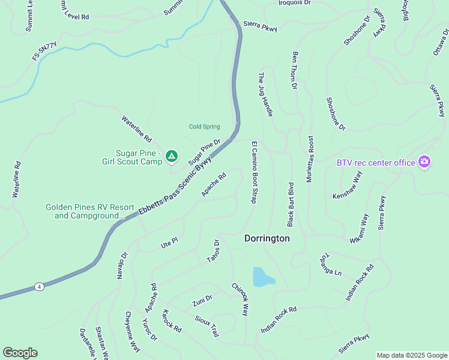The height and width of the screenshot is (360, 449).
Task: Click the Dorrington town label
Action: coord(267,238)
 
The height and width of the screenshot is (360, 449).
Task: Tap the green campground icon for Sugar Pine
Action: coord(172,157)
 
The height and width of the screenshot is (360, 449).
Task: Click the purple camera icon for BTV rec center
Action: coord(424,162)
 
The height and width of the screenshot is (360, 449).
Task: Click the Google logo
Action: coord(20,353)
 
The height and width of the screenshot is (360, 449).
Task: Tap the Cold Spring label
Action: coord(204,127)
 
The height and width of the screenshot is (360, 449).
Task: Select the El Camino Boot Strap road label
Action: coord(254,172)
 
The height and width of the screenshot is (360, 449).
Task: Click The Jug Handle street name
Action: coord(265,91)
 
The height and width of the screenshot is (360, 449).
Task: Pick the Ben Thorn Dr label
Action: coord(295,70)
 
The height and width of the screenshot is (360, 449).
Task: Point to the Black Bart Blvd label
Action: coord(291,204)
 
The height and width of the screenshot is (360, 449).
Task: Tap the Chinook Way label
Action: coord(240,300)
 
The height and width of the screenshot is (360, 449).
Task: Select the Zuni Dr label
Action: coord(202,301)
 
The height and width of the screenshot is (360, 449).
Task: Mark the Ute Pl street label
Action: coord(170,242)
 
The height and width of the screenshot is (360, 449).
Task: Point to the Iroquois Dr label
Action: coord(295,3)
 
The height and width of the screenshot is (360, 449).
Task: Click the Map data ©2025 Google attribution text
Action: coord(412,355)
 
